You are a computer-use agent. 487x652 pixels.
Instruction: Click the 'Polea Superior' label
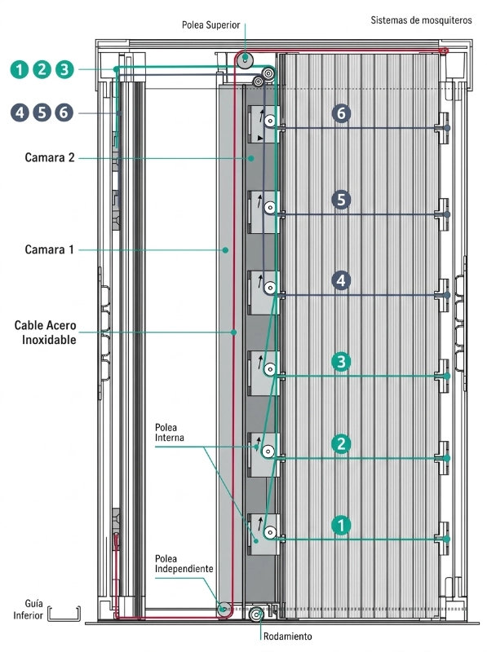click(x=210, y=25)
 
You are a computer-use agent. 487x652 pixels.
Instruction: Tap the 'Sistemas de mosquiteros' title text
click(x=421, y=20)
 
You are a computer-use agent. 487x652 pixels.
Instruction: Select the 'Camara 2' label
click(x=50, y=157)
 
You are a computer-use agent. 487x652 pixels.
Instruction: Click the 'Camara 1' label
click(x=49, y=249)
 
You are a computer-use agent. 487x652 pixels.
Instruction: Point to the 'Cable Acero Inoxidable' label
click(x=46, y=333)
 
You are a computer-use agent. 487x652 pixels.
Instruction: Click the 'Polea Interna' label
click(x=170, y=433)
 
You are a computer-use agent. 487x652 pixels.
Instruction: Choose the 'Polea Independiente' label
click(x=184, y=563)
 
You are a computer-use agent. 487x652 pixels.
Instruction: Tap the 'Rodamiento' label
click(x=288, y=637)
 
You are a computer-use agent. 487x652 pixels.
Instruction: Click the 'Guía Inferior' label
click(x=29, y=609)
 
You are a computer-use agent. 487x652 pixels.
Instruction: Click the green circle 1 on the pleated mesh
click(x=341, y=525)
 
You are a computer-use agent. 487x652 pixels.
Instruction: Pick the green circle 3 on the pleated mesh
click(x=341, y=361)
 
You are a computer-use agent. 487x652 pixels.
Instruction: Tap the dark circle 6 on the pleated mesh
click(x=341, y=113)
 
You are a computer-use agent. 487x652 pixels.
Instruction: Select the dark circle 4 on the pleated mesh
click(x=341, y=280)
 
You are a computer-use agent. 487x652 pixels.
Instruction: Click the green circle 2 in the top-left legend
click(x=42, y=69)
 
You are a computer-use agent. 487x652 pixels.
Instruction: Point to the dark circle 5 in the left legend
click(x=42, y=112)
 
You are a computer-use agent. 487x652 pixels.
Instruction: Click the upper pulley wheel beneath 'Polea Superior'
click(x=246, y=59)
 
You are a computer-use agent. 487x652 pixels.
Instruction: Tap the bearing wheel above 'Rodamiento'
click(x=256, y=615)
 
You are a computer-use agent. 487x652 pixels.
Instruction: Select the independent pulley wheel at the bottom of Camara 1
click(x=224, y=609)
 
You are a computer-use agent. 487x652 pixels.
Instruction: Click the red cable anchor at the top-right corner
click(x=444, y=51)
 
